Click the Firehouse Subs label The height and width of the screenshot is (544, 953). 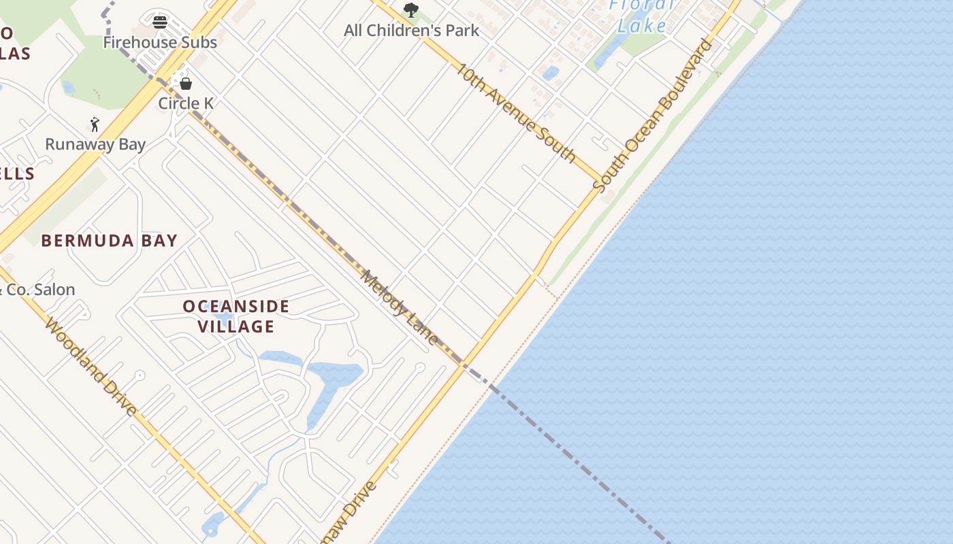coord(160,42)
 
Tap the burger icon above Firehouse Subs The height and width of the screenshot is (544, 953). coord(160,22)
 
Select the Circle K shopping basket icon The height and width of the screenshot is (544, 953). coord(186,84)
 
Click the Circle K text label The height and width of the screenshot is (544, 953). coord(186,103)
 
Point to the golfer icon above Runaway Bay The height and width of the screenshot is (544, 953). coord(95,124)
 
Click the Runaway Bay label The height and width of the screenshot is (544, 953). coord(95,144)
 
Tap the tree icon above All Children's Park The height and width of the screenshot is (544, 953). coord(410,10)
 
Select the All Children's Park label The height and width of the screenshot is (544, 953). coord(411,31)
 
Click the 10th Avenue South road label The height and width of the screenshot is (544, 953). coord(516,112)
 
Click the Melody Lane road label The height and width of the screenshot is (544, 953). coord(399,307)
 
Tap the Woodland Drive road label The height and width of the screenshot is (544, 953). coord(91,367)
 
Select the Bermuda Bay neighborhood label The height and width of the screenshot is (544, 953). coord(109,241)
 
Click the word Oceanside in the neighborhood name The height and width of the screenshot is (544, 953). coord(236,307)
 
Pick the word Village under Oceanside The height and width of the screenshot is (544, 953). coord(236,327)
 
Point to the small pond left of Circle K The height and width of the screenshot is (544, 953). coord(68,87)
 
